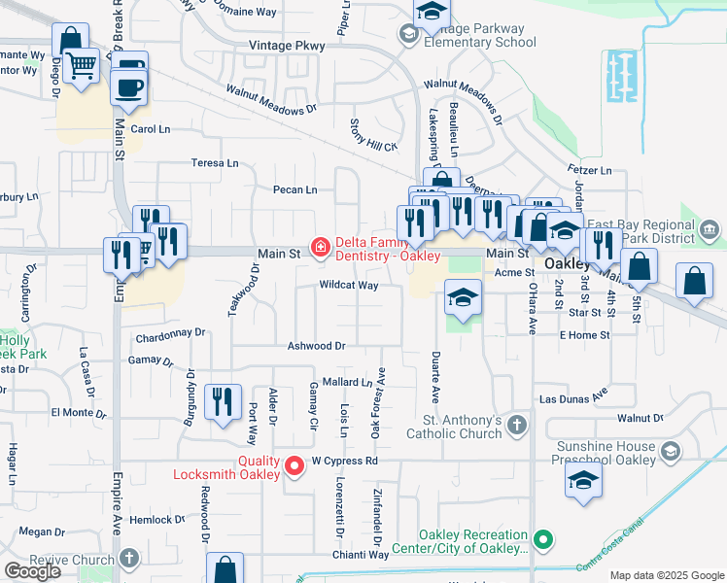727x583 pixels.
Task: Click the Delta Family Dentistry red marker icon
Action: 319,248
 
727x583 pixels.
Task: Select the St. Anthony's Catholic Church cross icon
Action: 517,426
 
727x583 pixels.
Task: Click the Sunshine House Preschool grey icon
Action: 670,451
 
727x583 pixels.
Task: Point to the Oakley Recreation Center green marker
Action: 544,537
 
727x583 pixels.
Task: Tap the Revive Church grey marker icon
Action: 129,559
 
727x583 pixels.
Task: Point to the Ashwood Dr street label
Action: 317,346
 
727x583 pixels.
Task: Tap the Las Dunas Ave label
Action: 573,398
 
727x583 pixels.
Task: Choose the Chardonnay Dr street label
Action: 172,332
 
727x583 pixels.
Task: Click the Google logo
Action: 32,571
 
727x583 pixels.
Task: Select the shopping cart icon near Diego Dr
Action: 83,66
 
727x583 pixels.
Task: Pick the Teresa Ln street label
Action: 215,163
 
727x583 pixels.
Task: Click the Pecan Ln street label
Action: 295,190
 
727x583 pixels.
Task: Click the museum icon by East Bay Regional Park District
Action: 709,231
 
